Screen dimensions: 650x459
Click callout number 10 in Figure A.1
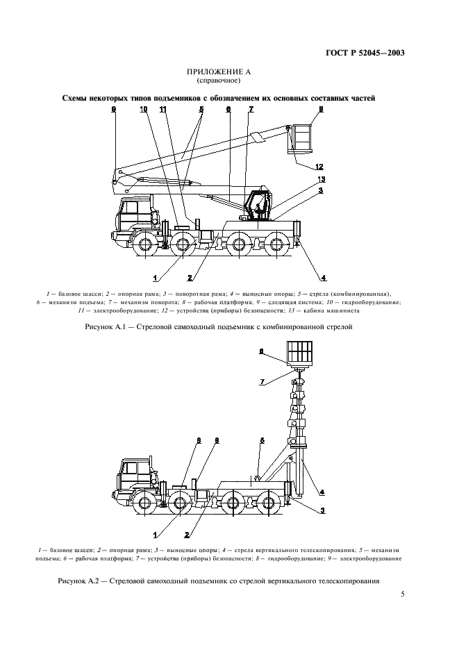[144, 109]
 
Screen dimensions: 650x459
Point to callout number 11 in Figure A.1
[162, 109]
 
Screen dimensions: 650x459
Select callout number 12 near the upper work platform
[319, 167]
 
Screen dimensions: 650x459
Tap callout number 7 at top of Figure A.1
[251, 109]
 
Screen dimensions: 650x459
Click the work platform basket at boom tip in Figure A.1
[303, 139]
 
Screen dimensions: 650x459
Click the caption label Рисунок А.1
[103, 324]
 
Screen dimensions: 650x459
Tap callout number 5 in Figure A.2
[262, 440]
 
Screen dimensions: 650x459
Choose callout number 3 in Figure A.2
[322, 510]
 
